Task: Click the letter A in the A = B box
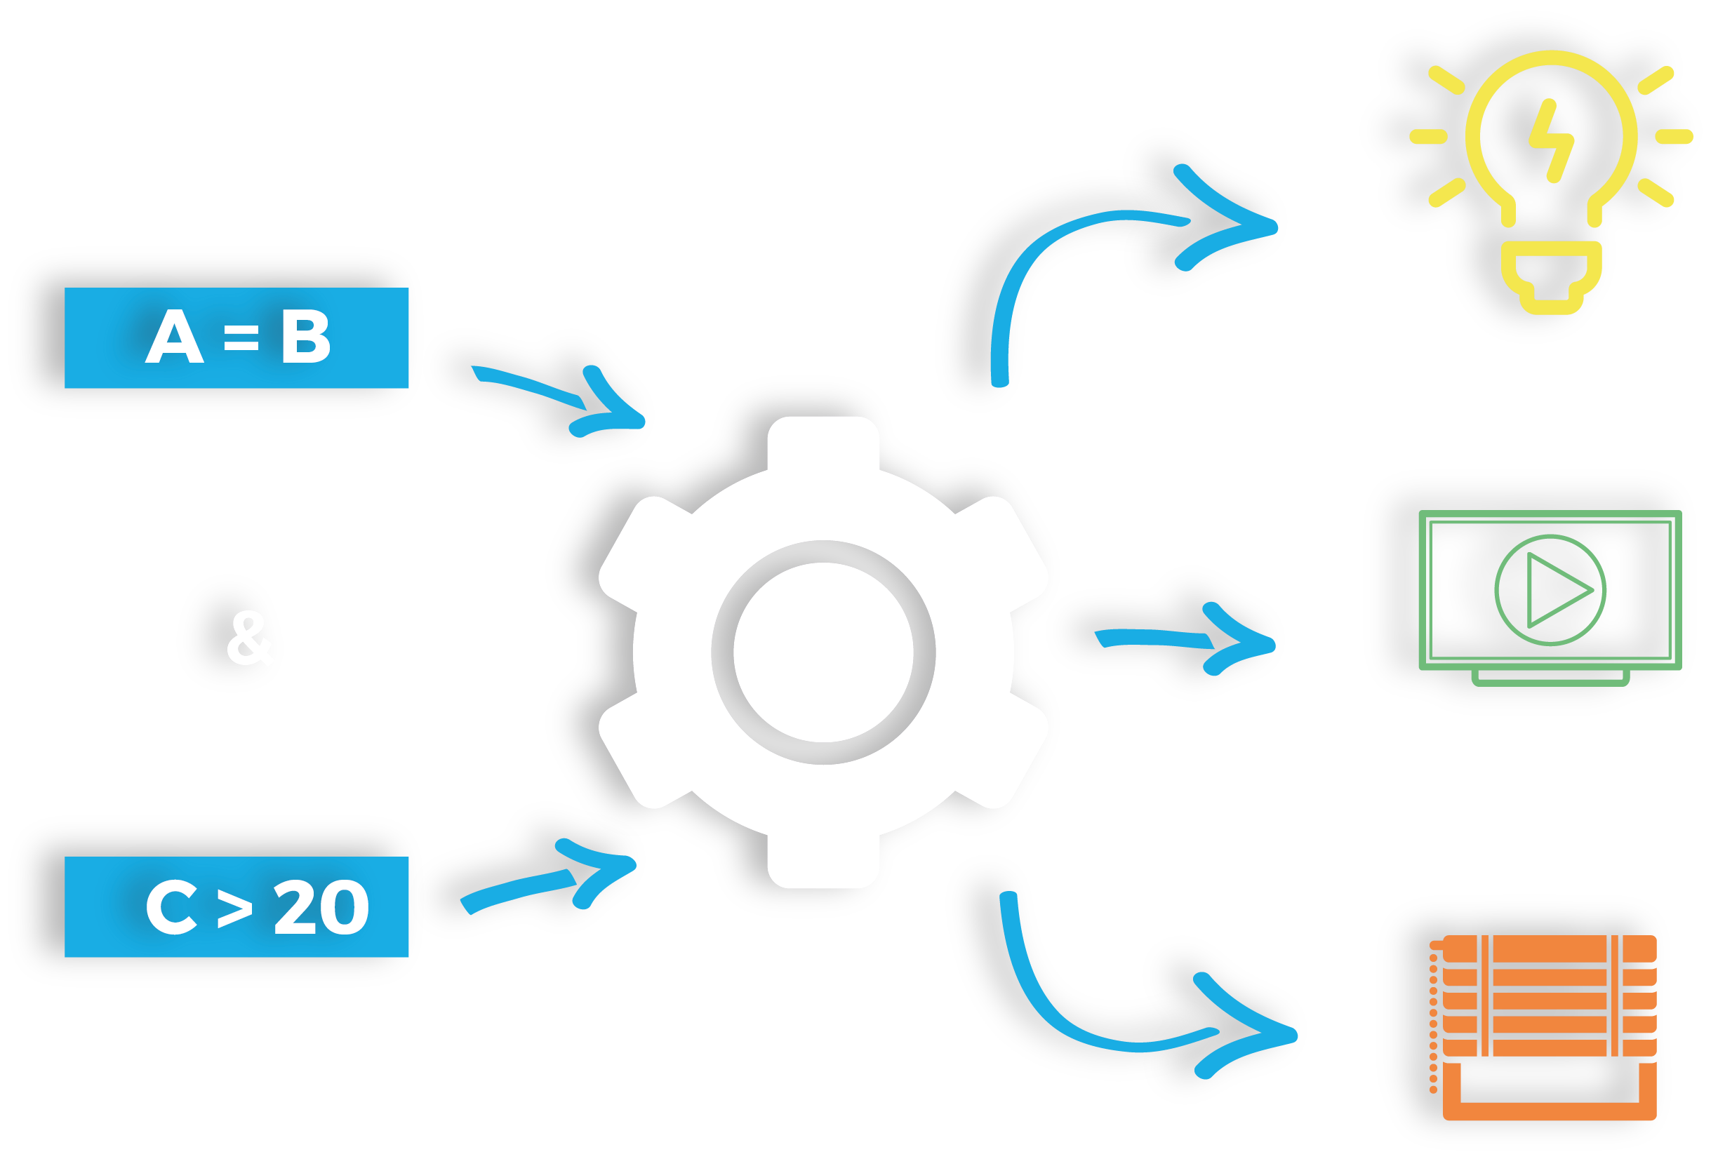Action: coord(175,337)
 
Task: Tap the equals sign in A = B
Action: coord(241,340)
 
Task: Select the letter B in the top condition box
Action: coord(305,337)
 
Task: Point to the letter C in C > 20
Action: coord(171,907)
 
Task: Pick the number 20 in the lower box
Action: coord(321,907)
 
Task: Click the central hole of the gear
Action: coord(823,652)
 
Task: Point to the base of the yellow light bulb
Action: coord(1551,281)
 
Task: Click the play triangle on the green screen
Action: coord(1556,590)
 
